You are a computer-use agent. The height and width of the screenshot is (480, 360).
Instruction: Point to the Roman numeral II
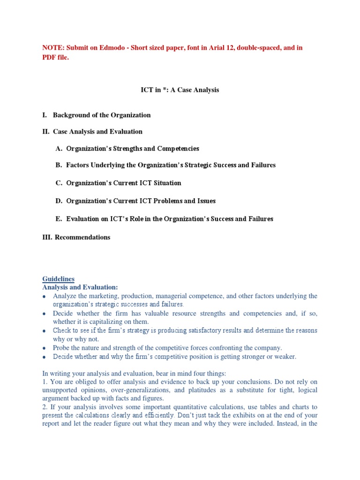coord(46,132)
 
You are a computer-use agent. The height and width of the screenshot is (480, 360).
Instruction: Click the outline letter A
coord(59,149)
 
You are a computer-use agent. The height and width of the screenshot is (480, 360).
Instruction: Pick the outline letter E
coord(59,219)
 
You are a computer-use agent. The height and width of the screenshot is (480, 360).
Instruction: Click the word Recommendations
coord(82,237)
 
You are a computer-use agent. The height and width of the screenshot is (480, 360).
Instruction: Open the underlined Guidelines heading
coord(58,279)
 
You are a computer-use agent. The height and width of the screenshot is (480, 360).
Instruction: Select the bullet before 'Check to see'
coord(44,331)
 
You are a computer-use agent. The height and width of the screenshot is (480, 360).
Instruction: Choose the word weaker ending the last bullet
coord(285,357)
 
